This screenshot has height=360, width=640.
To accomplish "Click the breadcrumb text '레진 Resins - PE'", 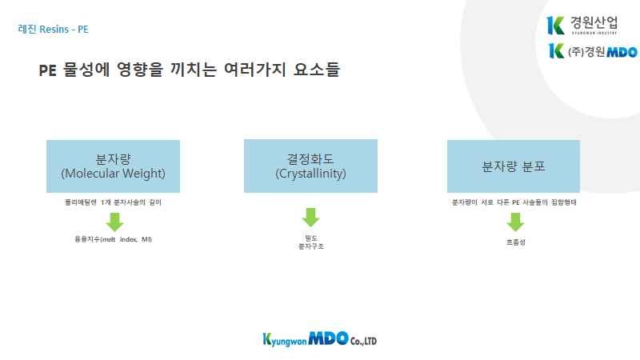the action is point(53,30).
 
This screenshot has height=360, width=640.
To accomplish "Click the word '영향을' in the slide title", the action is point(139,70).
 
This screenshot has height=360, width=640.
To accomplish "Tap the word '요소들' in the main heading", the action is point(317,70).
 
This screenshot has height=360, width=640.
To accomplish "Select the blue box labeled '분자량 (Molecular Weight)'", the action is point(113,166).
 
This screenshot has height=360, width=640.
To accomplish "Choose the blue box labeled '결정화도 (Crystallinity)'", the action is point(310,166).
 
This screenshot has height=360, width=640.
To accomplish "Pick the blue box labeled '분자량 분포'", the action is point(514,166).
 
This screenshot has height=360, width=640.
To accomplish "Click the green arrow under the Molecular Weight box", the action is point(114,222).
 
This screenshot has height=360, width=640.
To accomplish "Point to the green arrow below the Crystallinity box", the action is point(310,217).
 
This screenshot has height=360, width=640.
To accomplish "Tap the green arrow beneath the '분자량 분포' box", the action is point(515,222).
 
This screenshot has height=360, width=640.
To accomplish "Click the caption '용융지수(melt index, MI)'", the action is point(113,239).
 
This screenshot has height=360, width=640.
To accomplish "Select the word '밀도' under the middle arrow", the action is point(311,238).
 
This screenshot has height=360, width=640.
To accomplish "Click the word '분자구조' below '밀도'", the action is point(311,246).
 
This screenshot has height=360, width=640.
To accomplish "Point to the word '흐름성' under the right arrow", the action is point(516,242).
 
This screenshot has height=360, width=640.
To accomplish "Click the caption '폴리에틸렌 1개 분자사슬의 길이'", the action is point(113,202).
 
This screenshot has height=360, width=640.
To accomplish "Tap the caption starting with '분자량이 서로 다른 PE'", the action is point(514,202).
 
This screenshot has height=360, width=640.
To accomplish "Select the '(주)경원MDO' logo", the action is point(593,51).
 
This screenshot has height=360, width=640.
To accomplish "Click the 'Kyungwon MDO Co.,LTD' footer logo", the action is point(319,339).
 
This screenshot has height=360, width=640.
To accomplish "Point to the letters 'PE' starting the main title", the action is point(47,70).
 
